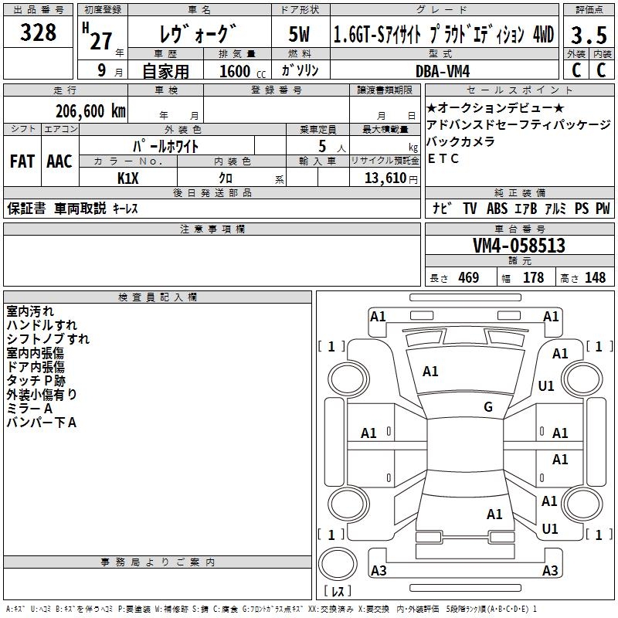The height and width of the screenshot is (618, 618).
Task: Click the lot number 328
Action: click(38, 32)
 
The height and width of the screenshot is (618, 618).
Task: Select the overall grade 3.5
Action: click(589, 35)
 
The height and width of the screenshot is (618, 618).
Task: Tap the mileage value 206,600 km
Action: click(90, 111)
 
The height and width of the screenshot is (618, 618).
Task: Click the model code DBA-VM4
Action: click(443, 71)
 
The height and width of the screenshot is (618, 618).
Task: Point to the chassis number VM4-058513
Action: click(518, 246)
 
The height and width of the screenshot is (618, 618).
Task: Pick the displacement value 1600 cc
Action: click(243, 71)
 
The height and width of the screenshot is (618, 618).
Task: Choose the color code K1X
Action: click(127, 178)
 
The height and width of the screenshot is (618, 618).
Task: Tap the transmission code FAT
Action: click(22, 161)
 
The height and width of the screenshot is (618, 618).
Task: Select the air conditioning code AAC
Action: click(59, 161)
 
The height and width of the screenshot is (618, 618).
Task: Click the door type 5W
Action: click(299, 34)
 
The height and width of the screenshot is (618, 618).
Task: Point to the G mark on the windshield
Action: click(488, 407)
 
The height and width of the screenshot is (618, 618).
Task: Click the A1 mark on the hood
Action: click(430, 372)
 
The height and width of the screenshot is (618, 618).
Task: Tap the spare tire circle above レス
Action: click(338, 563)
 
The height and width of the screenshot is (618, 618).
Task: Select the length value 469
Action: click(468, 277)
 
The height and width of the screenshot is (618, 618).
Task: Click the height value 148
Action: click(595, 277)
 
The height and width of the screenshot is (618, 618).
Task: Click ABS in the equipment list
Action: click(497, 208)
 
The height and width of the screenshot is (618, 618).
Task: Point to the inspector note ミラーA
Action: click(29, 409)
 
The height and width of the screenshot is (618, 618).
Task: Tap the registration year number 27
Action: click(101, 41)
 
